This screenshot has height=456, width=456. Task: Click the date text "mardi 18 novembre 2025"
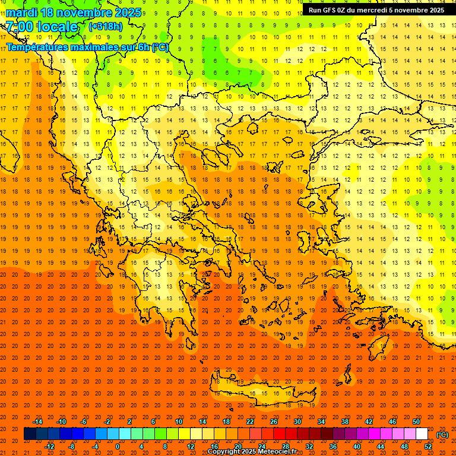click(x=74, y=12)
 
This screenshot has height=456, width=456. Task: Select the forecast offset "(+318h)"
click(x=107, y=26)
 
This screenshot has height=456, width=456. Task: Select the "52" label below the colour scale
click(x=428, y=446)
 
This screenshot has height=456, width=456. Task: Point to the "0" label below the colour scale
click(x=118, y=446)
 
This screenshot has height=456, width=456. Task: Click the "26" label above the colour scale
click(x=274, y=422)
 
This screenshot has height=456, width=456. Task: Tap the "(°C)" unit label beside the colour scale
click(x=442, y=434)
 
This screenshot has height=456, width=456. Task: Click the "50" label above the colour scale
click(x=416, y=422)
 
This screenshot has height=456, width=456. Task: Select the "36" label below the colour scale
click(x=333, y=446)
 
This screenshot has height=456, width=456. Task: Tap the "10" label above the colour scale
click(x=179, y=422)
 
